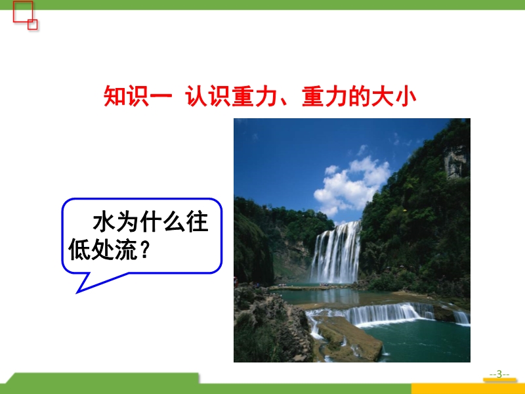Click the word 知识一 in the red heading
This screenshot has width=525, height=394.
tap(138, 97)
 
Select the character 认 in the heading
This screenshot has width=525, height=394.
tap(196, 97)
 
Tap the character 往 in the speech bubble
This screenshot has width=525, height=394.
tap(198, 221)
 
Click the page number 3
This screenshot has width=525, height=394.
tap(499, 374)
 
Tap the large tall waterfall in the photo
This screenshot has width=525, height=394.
tap(335, 253)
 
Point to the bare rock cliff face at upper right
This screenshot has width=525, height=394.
tap(455, 162)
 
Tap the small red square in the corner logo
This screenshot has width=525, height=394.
tap(32, 24)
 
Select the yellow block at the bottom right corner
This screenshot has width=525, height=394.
tap(468, 389)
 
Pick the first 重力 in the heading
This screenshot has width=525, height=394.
tap(255, 97)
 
